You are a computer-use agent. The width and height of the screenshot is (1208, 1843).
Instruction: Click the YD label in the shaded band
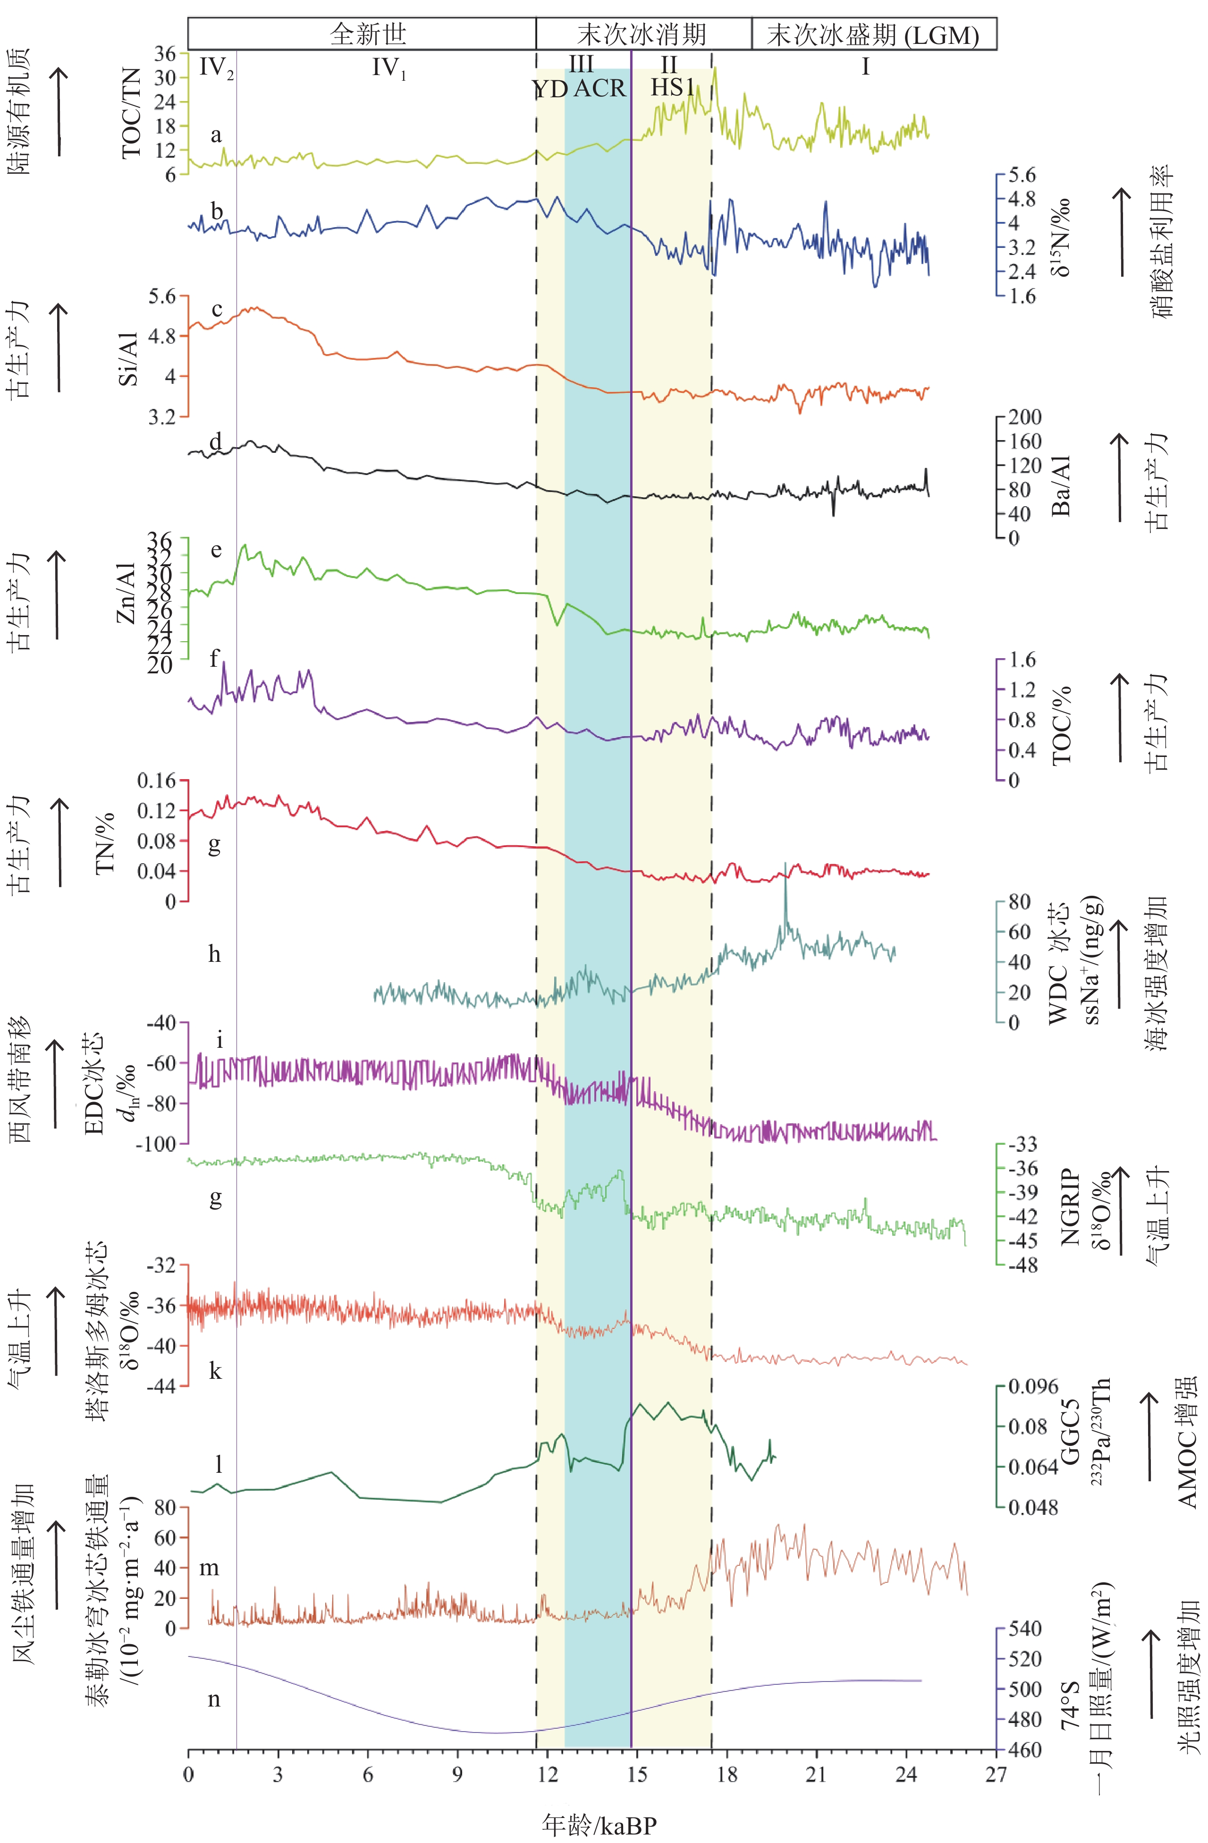(x=550, y=89)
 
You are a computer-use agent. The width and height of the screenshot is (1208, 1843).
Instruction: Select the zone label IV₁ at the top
(x=389, y=68)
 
